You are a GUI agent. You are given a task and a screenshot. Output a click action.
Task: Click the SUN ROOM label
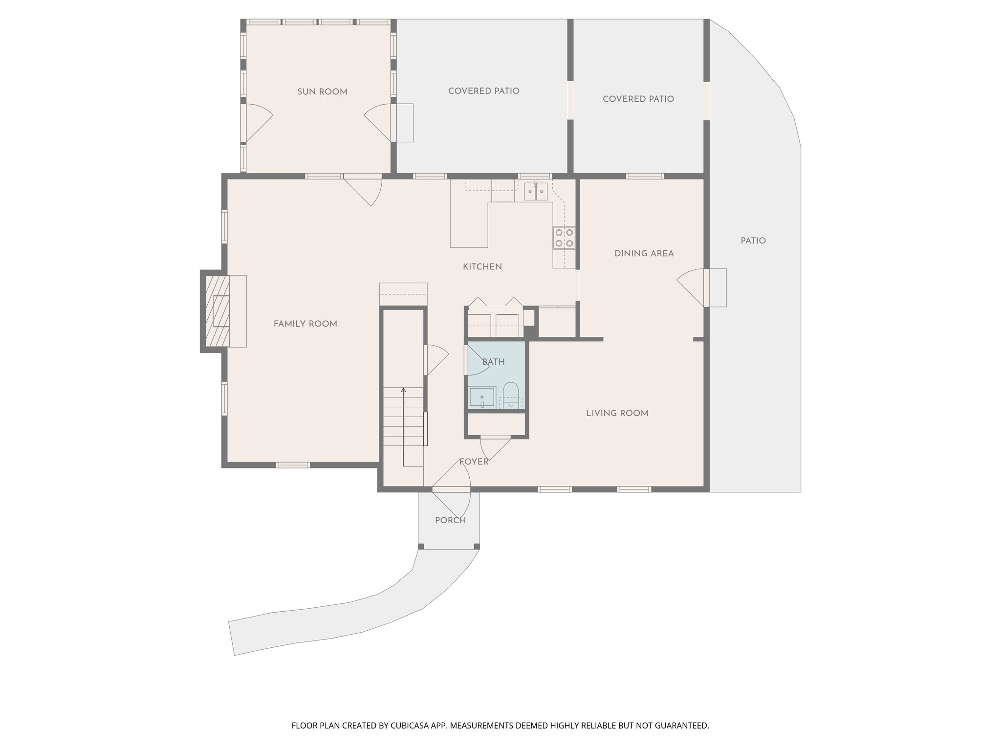tap(322, 92)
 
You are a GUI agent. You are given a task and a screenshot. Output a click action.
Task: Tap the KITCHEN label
tap(482, 267)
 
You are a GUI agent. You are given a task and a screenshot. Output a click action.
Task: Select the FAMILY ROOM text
tap(305, 324)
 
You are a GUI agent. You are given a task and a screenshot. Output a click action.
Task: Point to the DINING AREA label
tap(644, 254)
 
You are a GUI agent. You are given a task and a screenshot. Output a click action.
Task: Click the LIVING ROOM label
tap(617, 413)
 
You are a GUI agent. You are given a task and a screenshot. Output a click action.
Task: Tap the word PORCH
tap(450, 520)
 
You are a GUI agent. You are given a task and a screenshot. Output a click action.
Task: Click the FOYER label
tap(473, 462)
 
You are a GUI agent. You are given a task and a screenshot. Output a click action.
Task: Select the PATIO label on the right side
tap(753, 241)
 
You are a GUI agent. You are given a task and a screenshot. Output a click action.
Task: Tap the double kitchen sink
tap(536, 192)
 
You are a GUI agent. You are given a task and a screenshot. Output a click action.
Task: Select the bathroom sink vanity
tap(482, 397)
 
